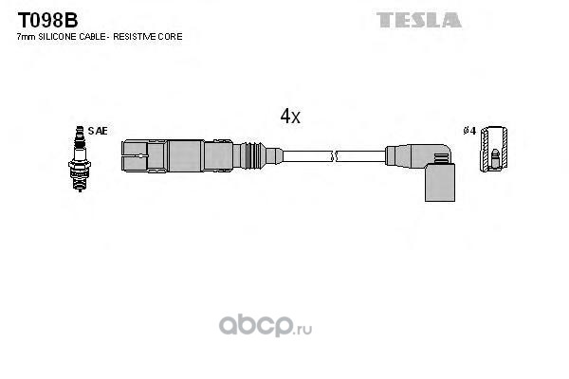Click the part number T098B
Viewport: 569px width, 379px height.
click(x=48, y=20)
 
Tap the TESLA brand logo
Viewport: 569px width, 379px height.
click(x=419, y=20)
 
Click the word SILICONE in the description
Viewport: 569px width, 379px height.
click(x=58, y=37)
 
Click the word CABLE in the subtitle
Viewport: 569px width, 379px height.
click(x=92, y=37)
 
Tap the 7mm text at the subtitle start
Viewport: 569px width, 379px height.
click(x=27, y=37)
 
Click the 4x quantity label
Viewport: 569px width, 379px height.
click(x=290, y=116)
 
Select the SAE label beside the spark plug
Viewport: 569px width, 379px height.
click(x=98, y=131)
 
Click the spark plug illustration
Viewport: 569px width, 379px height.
click(x=80, y=158)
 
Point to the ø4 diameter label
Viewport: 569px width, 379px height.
click(x=469, y=131)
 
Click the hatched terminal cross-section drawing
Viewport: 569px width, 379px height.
click(x=493, y=149)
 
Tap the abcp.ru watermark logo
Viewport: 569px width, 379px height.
click(x=266, y=325)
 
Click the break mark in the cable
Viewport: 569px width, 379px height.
click(x=334, y=156)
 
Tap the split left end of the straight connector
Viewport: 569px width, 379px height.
click(x=135, y=156)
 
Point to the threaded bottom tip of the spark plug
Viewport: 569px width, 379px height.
click(x=80, y=185)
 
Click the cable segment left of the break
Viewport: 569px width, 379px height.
click(x=307, y=156)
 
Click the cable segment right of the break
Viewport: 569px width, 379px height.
click(x=361, y=156)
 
